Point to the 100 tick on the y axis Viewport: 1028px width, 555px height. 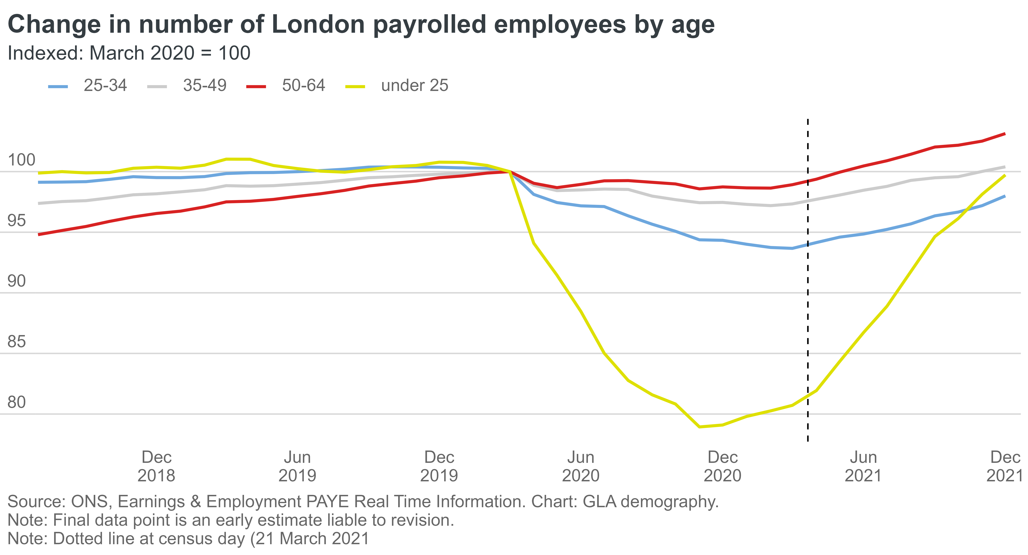[22, 160]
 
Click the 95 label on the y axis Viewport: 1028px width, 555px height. [17, 221]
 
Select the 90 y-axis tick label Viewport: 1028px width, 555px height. [17, 281]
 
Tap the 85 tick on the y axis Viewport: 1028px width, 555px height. [17, 342]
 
